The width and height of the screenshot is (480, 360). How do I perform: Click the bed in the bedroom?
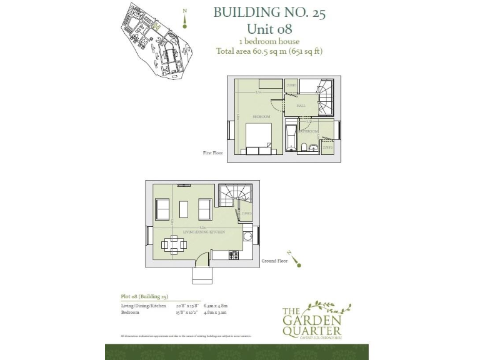tap(258, 137)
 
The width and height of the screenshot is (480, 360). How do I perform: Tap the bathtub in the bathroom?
tap(290, 137)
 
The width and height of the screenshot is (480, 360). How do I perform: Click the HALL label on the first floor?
tap(300, 106)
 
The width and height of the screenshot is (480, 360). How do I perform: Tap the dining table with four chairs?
tap(172, 244)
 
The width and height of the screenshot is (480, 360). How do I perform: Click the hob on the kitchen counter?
tap(234, 254)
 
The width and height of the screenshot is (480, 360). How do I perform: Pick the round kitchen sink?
tap(247, 236)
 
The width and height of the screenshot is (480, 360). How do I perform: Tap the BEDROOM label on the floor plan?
tap(261, 117)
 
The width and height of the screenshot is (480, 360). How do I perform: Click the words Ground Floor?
tap(274, 261)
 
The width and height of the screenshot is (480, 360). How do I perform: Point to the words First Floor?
tap(213, 152)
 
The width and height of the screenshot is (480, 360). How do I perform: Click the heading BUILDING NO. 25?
tap(269, 12)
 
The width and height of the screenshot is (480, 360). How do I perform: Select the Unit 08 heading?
tap(269, 28)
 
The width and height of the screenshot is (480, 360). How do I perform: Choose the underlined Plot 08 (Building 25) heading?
tap(144, 296)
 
